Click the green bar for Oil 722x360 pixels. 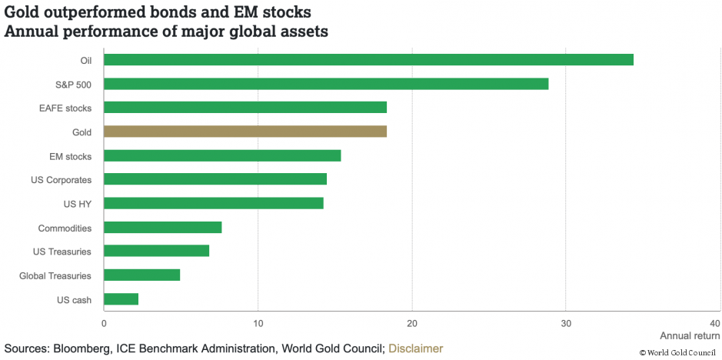pos(368,60)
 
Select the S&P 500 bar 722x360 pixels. pos(326,84)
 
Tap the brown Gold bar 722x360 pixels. pos(245,132)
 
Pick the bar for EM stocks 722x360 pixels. pos(222,155)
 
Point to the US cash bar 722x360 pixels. pos(121,299)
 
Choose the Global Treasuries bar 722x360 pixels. pos(141,275)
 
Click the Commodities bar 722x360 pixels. pos(162,227)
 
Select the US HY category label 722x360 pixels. pos(78,204)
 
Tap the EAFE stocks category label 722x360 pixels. pos(65,108)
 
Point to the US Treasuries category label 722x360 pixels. pos(62,252)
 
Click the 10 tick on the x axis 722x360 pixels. pos(258,322)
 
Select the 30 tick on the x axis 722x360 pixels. pos(566,322)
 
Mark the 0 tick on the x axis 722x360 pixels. pos(104,322)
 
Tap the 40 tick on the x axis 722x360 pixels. pos(715,322)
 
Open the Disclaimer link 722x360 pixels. pos(416,348)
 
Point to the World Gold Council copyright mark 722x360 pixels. pos(677,352)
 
